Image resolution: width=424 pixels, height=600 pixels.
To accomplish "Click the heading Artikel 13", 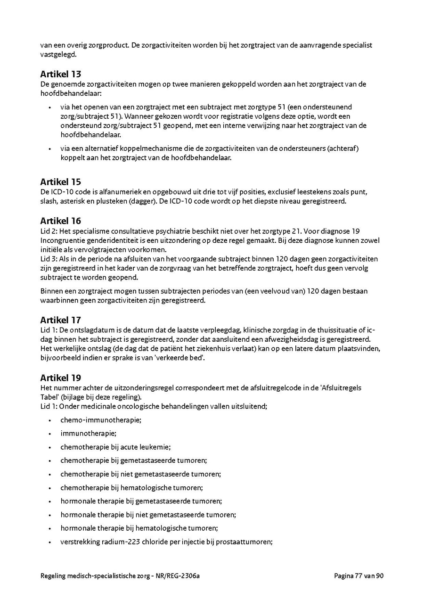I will (x=60, y=74).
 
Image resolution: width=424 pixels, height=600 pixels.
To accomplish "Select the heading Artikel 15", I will (x=60, y=182).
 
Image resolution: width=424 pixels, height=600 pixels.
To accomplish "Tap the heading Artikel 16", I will (x=60, y=221).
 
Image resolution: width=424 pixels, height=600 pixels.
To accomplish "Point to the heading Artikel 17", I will (x=60, y=320).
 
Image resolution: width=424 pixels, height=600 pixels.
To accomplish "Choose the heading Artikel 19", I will (x=60, y=378).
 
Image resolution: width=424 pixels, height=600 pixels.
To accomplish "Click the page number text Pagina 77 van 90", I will (x=359, y=575).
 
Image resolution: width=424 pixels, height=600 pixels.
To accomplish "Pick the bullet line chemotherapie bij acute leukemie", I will (x=115, y=447).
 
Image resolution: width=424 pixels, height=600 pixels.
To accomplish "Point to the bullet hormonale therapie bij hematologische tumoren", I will (x=139, y=528).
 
